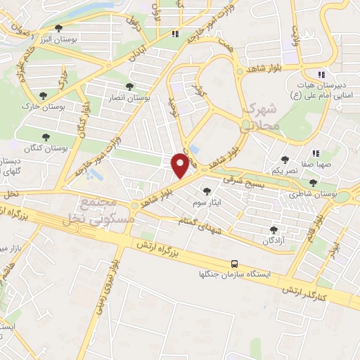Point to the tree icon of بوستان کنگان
[x=46, y=138]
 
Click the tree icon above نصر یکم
[x=284, y=160]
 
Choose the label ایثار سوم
[x=207, y=202]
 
